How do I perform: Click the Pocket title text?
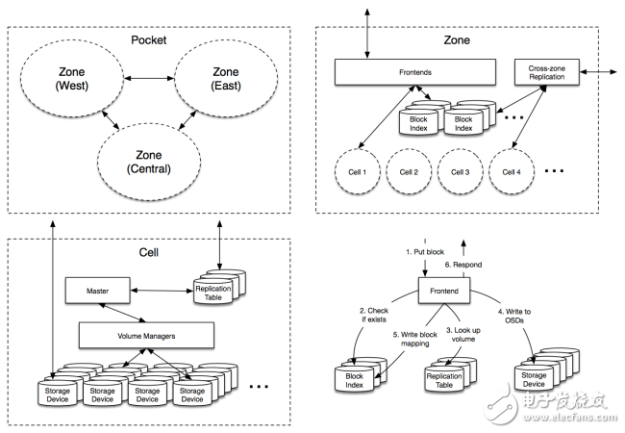click(150, 40)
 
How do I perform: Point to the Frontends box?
click(415, 70)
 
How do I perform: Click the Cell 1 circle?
click(358, 172)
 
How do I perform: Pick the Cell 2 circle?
click(409, 172)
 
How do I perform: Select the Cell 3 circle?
click(460, 172)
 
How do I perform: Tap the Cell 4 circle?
click(512, 172)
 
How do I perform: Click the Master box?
click(97, 288)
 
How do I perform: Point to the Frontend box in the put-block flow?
click(443, 289)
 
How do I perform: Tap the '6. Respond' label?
click(462, 265)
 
